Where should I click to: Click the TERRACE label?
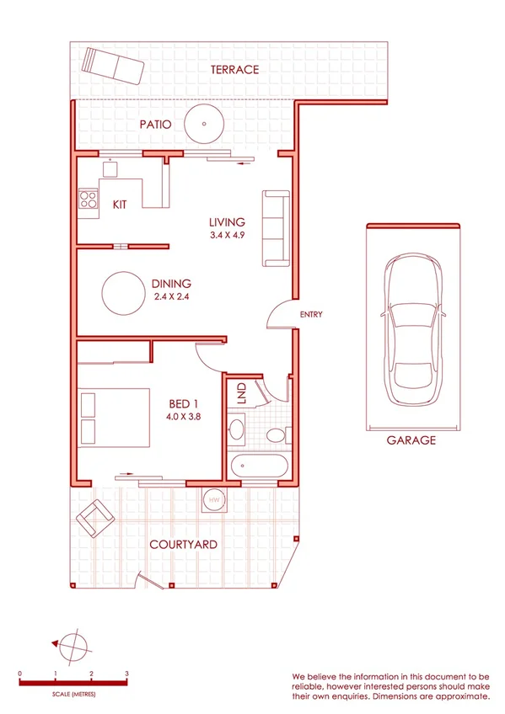(x=235, y=70)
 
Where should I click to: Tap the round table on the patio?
(x=205, y=125)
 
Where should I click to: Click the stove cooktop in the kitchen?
(x=88, y=200)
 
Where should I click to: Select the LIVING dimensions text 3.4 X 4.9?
(x=227, y=237)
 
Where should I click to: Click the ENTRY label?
(x=311, y=315)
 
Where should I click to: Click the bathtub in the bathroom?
(x=261, y=464)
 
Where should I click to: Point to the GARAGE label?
(x=411, y=440)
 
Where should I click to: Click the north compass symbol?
(x=74, y=644)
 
